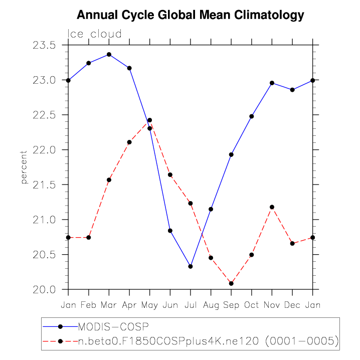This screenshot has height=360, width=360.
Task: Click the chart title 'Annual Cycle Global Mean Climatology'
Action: pyautogui.click(x=191, y=15)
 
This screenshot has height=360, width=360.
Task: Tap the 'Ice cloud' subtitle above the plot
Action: pyautogui.click(x=95, y=34)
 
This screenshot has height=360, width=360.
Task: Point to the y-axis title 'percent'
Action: pyautogui.click(x=24, y=167)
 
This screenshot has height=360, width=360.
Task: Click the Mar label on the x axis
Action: pyautogui.click(x=109, y=304)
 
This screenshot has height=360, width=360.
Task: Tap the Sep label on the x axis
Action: pyautogui.click(x=231, y=304)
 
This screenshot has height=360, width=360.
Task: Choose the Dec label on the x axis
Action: pyautogui.click(x=292, y=304)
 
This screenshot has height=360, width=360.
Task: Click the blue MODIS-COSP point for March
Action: pyautogui.click(x=109, y=54)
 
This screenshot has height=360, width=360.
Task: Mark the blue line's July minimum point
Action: pyautogui.click(x=191, y=266)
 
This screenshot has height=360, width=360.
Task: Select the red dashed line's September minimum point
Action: pyautogui.click(x=231, y=284)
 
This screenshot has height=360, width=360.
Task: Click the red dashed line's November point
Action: pyautogui.click(x=272, y=207)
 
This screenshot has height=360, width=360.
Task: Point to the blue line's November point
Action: pyautogui.click(x=272, y=83)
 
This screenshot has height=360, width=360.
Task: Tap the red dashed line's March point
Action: pyautogui.click(x=109, y=179)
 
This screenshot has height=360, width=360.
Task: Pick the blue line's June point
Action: pyautogui.click(x=170, y=231)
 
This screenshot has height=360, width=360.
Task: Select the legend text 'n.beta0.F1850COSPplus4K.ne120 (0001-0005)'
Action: pyautogui.click(x=208, y=341)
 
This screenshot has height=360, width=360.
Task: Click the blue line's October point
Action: pyautogui.click(x=252, y=116)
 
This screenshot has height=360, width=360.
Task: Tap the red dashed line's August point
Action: pyautogui.click(x=211, y=258)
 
